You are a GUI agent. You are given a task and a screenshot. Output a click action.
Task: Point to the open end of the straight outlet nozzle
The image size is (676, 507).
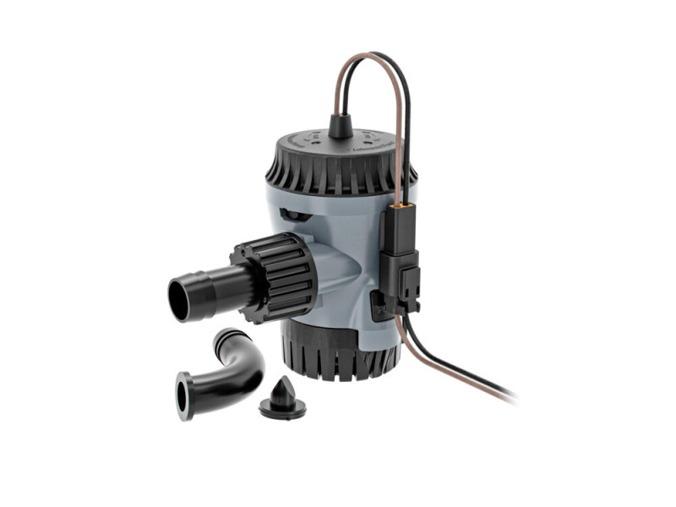click(x=181, y=298)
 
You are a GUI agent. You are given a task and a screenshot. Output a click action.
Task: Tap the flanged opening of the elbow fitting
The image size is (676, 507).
click(x=184, y=395)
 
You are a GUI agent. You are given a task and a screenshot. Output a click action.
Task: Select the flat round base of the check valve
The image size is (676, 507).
click(x=281, y=412)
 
